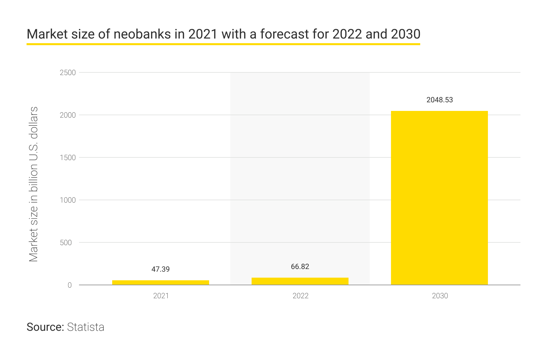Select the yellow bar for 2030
tap(439, 198)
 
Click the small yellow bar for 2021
tap(161, 282)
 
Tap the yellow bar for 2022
tap(300, 281)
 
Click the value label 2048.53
tap(439, 100)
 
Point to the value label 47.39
tap(161, 269)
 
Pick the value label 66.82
tap(300, 267)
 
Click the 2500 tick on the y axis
tap(68, 73)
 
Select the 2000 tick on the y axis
tap(68, 115)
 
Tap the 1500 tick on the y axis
tap(68, 158)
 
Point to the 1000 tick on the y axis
tap(68, 200)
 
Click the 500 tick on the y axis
tap(66, 243)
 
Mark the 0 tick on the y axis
tap(70, 285)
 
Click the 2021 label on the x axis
tap(161, 296)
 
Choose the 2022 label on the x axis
tap(300, 296)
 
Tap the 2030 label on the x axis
tap(440, 296)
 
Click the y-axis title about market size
tap(34, 184)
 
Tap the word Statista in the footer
tap(86, 327)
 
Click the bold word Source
tap(45, 327)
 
